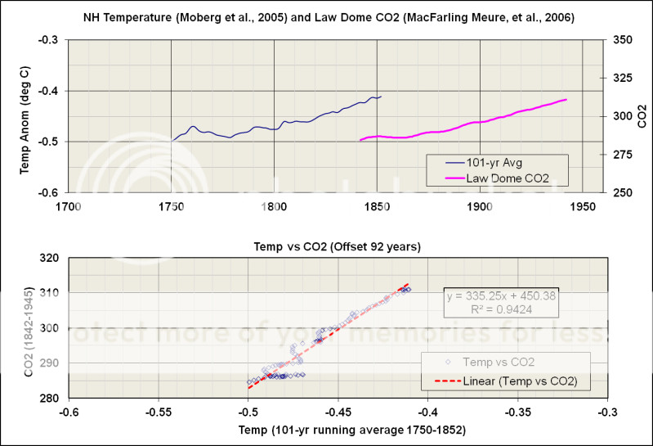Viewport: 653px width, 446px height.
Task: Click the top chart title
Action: (326, 17)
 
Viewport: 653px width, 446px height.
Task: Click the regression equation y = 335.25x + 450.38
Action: (501, 295)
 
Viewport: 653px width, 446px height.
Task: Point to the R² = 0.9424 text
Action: (501, 310)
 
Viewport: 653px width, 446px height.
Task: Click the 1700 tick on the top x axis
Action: (69, 206)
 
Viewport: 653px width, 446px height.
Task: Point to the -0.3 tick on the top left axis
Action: (51, 39)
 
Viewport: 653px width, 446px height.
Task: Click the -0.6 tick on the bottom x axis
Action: (69, 412)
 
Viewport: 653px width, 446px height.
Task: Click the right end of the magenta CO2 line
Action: (566, 100)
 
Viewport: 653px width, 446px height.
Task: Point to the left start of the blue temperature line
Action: (172, 141)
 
